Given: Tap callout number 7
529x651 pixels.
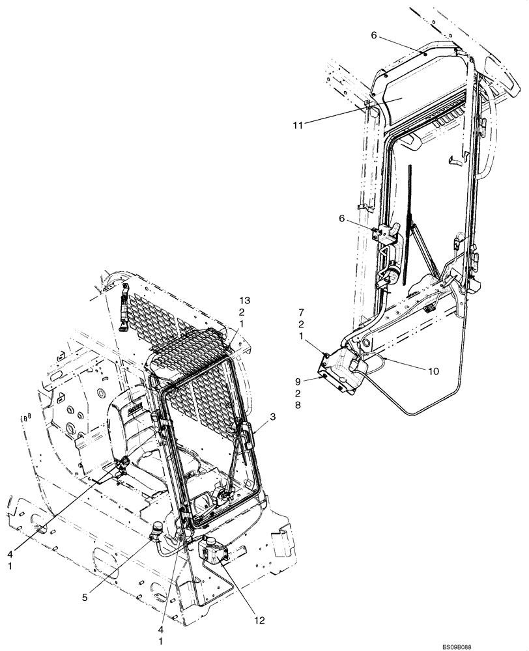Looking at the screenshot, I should coord(302,313).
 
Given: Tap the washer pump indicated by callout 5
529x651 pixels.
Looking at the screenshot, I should coord(158,532).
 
